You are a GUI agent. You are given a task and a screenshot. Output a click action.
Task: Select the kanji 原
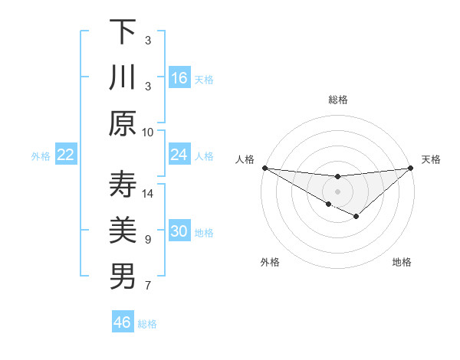coord(123,123)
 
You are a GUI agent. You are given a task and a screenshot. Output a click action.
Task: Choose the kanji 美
coord(123,231)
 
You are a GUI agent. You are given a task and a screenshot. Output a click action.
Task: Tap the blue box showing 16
coord(179,77)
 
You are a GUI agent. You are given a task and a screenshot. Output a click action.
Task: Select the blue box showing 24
coord(179,155)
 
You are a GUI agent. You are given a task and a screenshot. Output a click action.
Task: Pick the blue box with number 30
coord(179,231)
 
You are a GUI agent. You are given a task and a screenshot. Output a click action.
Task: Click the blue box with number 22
coord(66,155)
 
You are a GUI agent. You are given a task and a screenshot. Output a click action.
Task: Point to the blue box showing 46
coord(123,322)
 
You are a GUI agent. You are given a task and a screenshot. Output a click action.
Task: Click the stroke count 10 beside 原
coord(148,132)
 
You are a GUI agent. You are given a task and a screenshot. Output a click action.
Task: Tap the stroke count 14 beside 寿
coord(148,193)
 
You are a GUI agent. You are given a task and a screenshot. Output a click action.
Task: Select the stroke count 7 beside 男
coord(148,286)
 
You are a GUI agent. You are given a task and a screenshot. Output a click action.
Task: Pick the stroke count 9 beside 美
coord(148,240)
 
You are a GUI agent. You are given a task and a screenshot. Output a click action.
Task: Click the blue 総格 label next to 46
coord(147,324)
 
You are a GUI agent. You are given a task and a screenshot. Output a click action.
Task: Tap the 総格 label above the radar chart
coord(338,100)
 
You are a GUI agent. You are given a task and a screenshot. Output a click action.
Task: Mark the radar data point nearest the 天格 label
coord(412,168)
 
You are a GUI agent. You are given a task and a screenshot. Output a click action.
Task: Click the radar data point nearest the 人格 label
coord(264,168)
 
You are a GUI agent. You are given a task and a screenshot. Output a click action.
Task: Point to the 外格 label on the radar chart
coord(270,262)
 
